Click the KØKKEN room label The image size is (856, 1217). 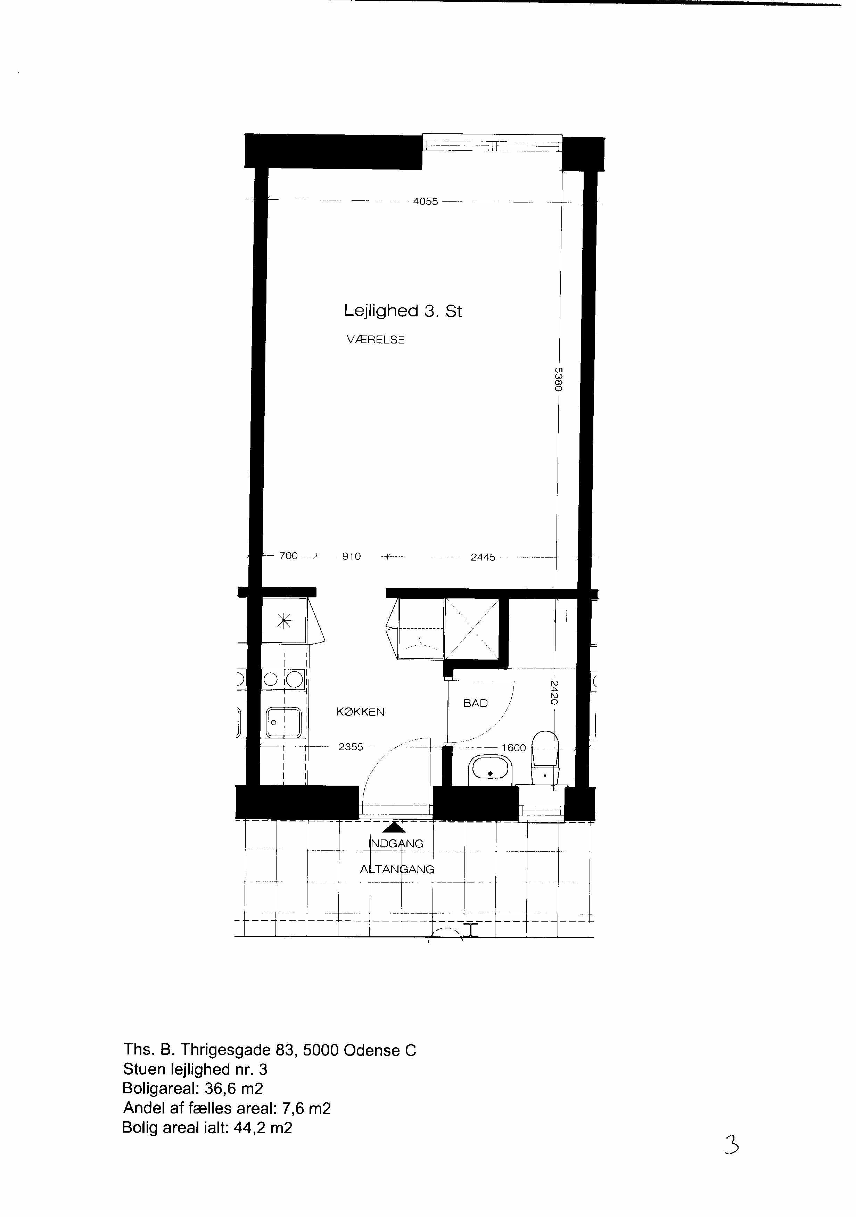pyautogui.click(x=360, y=712)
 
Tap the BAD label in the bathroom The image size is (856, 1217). pyautogui.click(x=476, y=703)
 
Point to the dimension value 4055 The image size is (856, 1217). pyautogui.click(x=426, y=201)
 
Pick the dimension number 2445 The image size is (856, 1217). pyautogui.click(x=483, y=557)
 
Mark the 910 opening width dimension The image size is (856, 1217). pyautogui.click(x=352, y=556)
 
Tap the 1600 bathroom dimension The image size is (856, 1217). pyautogui.click(x=513, y=748)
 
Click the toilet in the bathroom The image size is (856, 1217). pyautogui.click(x=546, y=757)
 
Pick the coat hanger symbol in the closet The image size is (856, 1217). pyautogui.click(x=419, y=644)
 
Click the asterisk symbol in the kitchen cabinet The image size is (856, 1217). pyautogui.click(x=285, y=621)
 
